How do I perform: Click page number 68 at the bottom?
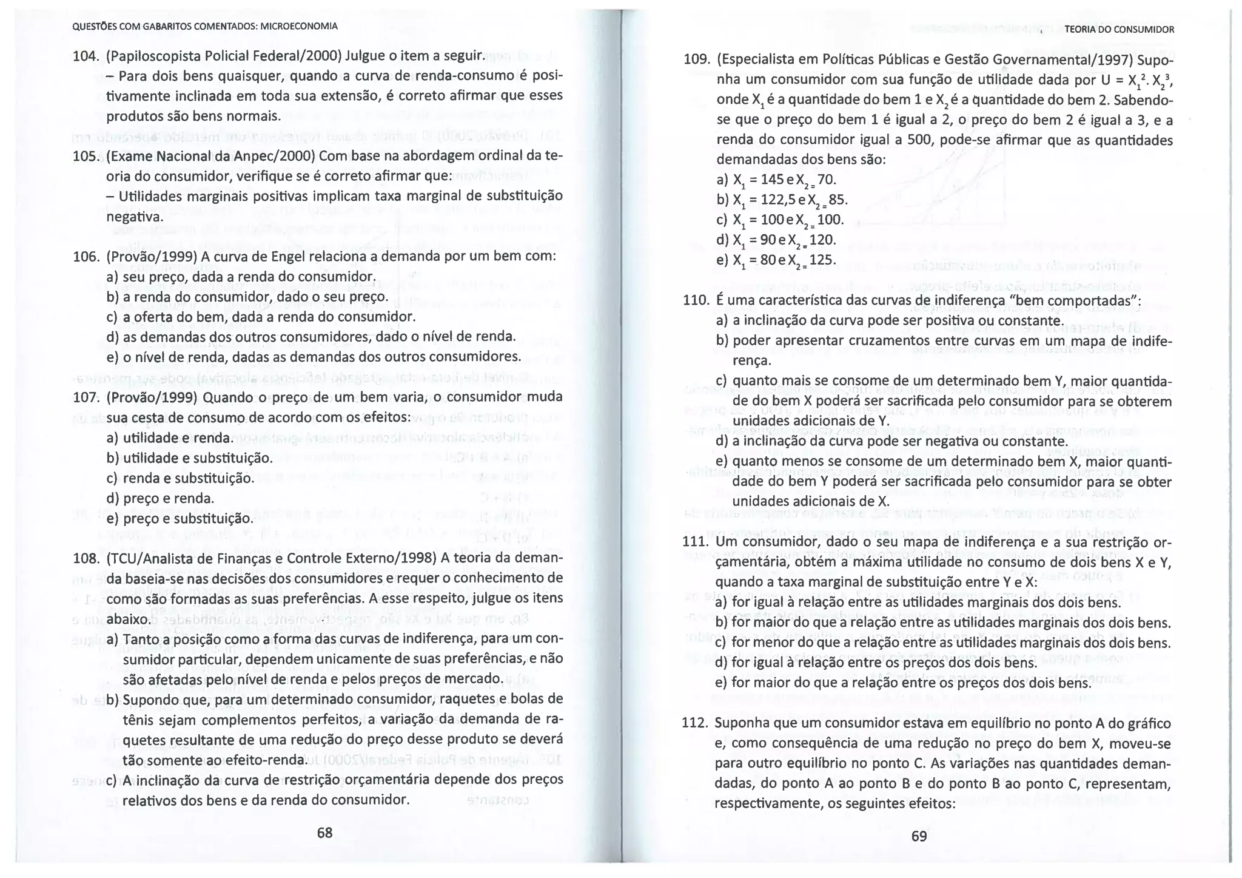point(324,832)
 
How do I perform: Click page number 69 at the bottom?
point(919,836)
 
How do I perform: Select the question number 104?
point(85,56)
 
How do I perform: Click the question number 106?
point(85,257)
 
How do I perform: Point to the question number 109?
point(696,60)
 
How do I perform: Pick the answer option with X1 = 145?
point(776,180)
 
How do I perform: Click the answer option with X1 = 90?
point(776,240)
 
